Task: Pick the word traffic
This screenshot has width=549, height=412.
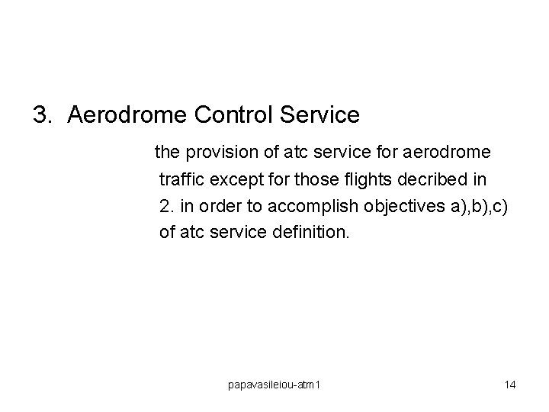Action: [181, 179]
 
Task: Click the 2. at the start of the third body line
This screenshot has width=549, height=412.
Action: [166, 205]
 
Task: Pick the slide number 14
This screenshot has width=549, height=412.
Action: [510, 385]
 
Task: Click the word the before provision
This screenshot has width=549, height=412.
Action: [166, 153]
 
